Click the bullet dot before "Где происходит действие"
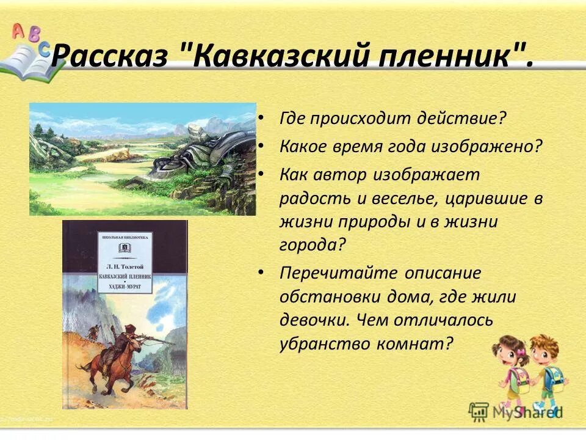[x=261, y=116]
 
